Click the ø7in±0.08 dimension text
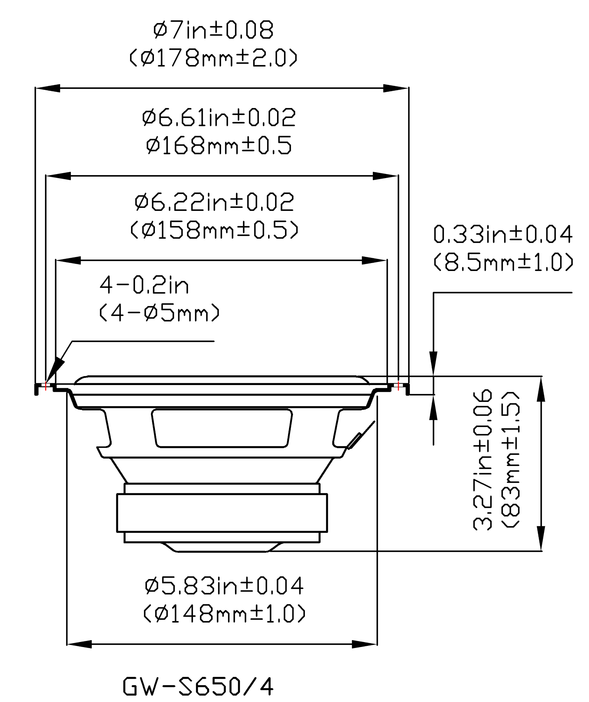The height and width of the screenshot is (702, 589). click(x=214, y=30)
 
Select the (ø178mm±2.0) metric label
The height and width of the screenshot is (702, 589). click(x=214, y=58)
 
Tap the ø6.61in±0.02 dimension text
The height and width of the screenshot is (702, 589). click(x=219, y=117)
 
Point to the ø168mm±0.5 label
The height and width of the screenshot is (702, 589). click(x=219, y=145)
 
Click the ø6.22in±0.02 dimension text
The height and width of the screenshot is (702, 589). click(x=214, y=202)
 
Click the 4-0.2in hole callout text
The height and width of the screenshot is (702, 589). click(x=144, y=285)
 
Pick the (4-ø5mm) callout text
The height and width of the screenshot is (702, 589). click(x=160, y=313)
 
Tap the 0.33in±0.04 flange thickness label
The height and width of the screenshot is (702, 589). click(x=503, y=234)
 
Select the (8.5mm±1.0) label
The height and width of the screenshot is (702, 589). click(x=503, y=262)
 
